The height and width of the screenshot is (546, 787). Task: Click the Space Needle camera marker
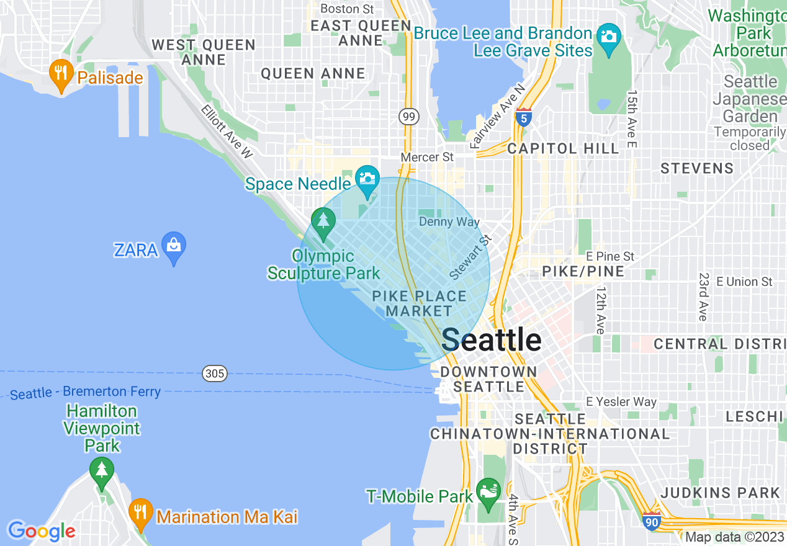point(367,178)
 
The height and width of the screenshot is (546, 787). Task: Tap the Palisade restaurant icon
point(60,74)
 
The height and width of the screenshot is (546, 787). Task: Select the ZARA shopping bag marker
point(174,246)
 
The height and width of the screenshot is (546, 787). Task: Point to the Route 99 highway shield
point(409,116)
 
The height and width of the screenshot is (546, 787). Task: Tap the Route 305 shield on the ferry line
point(214,374)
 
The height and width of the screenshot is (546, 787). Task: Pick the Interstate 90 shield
point(650,522)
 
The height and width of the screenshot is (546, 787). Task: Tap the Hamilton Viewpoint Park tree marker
point(101,471)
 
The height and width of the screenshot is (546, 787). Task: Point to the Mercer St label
point(427,157)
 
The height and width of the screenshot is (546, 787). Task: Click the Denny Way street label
point(449,222)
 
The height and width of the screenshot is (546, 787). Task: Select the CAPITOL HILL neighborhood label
point(563,148)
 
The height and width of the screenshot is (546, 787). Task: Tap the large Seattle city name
point(491,339)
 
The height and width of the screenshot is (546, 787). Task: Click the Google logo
point(41,531)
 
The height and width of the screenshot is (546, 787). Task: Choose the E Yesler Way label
point(621,401)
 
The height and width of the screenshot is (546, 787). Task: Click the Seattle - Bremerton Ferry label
point(86,392)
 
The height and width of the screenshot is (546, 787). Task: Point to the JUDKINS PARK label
point(720,493)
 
